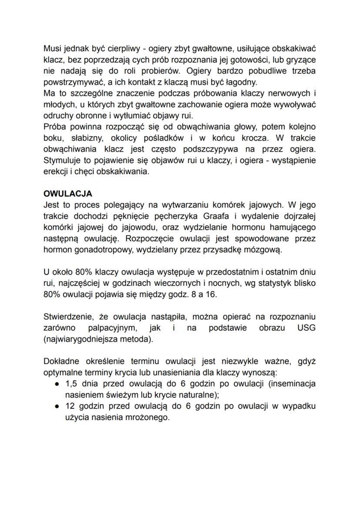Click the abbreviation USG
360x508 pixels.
tap(306, 328)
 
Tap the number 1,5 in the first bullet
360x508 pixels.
tap(70, 384)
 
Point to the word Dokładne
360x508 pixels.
tap(60, 361)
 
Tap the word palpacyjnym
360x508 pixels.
tap(113, 328)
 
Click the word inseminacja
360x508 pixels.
tap(293, 384)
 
